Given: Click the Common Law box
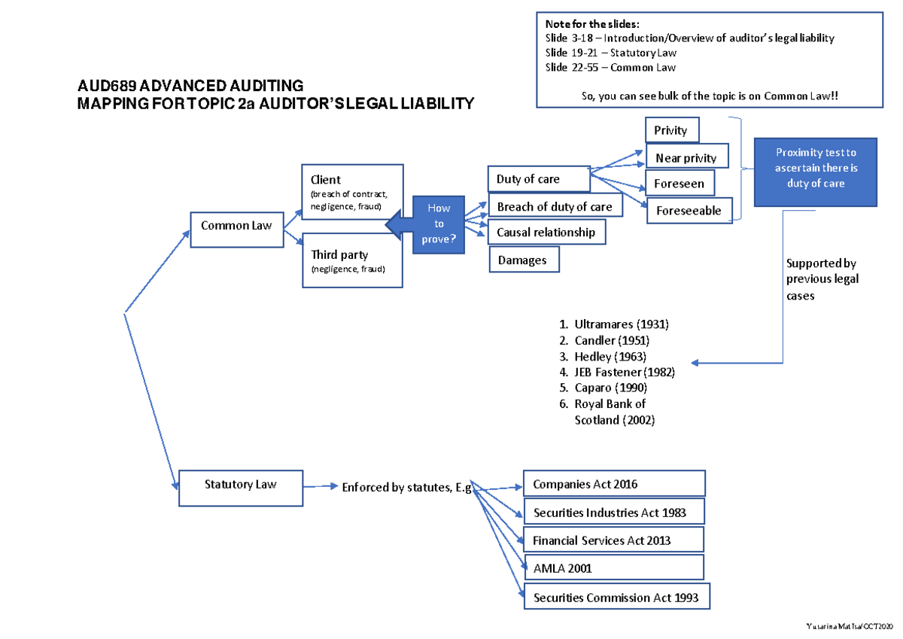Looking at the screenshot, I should coord(236,224).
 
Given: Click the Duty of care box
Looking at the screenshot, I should coord(538,179).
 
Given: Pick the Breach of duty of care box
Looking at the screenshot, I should coord(555,206).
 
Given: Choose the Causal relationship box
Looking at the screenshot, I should coord(546,233).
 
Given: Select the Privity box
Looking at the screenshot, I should coord(671,130).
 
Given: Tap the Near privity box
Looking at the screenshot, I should coord(686,157).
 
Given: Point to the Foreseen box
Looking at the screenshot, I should coord(680,184).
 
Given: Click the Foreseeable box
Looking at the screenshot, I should coord(689,211).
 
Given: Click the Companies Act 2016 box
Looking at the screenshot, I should coord(614,484).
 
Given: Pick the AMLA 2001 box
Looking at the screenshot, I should coord(613,568).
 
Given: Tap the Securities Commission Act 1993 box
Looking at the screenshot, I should coord(616,598).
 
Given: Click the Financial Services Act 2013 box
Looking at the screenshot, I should coord(613,540).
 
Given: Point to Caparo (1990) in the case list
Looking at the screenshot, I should coord(610,388).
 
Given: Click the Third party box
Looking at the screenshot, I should coord(351,260).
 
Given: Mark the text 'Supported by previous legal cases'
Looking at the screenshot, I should coord(822,279).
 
